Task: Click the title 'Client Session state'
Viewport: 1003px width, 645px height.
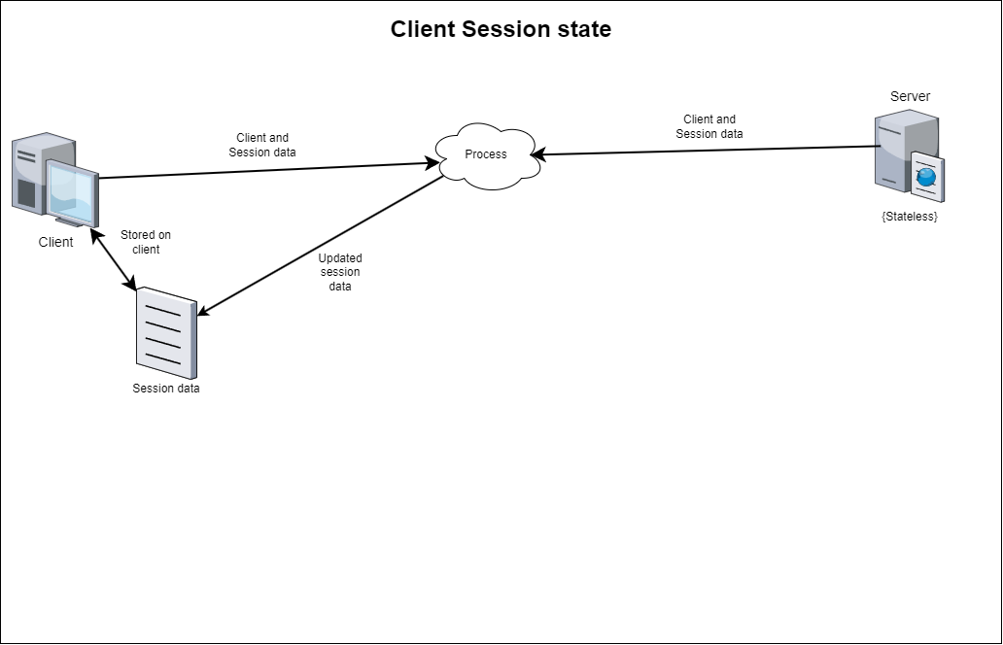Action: click(x=501, y=29)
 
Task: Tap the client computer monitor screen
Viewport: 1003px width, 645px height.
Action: click(x=72, y=191)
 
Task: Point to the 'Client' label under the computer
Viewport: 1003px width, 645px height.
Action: click(x=55, y=242)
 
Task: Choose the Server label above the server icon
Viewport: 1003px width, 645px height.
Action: click(x=910, y=96)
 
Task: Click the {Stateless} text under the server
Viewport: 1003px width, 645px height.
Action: click(x=909, y=216)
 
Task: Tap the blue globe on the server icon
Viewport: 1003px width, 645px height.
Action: click(x=926, y=177)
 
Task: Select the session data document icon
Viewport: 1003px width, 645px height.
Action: click(x=166, y=333)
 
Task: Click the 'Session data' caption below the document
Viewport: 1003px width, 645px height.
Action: click(x=165, y=388)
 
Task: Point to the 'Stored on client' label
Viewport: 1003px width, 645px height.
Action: click(x=146, y=242)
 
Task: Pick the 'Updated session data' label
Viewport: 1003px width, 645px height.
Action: click(x=340, y=272)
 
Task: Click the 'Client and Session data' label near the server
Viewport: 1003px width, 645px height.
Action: click(x=709, y=126)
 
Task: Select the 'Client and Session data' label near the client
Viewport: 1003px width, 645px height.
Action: click(x=262, y=145)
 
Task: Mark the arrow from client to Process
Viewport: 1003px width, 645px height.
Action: click(x=269, y=170)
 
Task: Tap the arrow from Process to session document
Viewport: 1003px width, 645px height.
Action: click(x=321, y=246)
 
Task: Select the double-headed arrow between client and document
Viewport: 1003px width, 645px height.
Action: click(x=114, y=259)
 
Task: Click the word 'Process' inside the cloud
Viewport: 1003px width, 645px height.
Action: click(x=486, y=154)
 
